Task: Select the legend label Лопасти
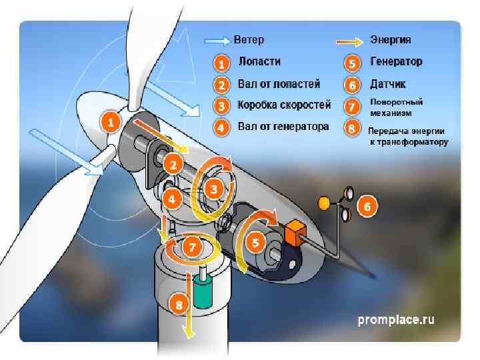tap(259, 62)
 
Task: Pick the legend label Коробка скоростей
tap(284, 105)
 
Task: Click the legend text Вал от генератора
tap(283, 126)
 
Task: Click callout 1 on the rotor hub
tap(110, 122)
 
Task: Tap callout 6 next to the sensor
tap(367, 207)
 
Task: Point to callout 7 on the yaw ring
tap(191, 247)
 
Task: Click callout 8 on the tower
tap(178, 305)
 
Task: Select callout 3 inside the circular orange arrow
tap(213, 189)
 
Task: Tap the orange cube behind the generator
tap(294, 233)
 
